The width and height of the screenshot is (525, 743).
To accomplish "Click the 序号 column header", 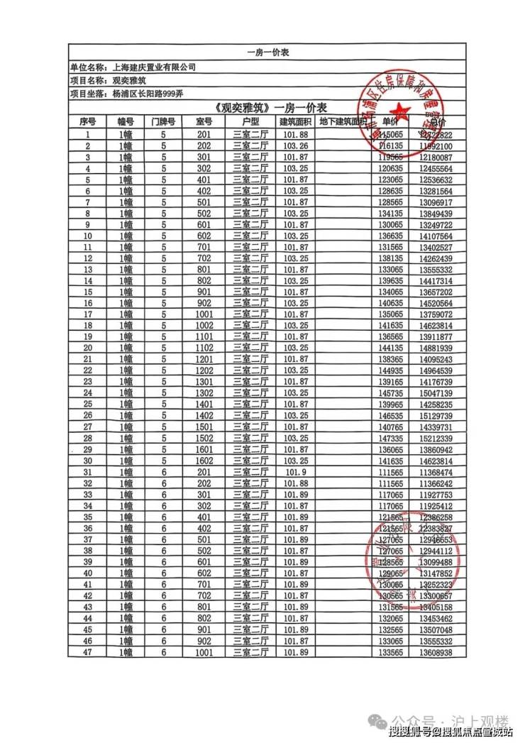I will (x=88, y=121).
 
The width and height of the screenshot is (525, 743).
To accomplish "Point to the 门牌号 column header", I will (x=163, y=121).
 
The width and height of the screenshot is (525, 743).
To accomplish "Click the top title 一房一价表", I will (x=267, y=53).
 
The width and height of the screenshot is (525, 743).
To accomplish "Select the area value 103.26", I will (x=295, y=146).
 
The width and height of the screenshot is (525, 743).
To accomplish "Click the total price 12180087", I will (x=436, y=157).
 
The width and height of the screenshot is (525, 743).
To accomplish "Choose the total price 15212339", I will (x=436, y=439).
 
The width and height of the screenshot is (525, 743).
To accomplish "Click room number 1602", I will (x=204, y=460).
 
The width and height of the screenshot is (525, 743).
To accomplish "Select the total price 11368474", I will (x=436, y=473).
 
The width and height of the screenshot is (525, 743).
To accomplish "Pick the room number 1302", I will (x=204, y=392).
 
